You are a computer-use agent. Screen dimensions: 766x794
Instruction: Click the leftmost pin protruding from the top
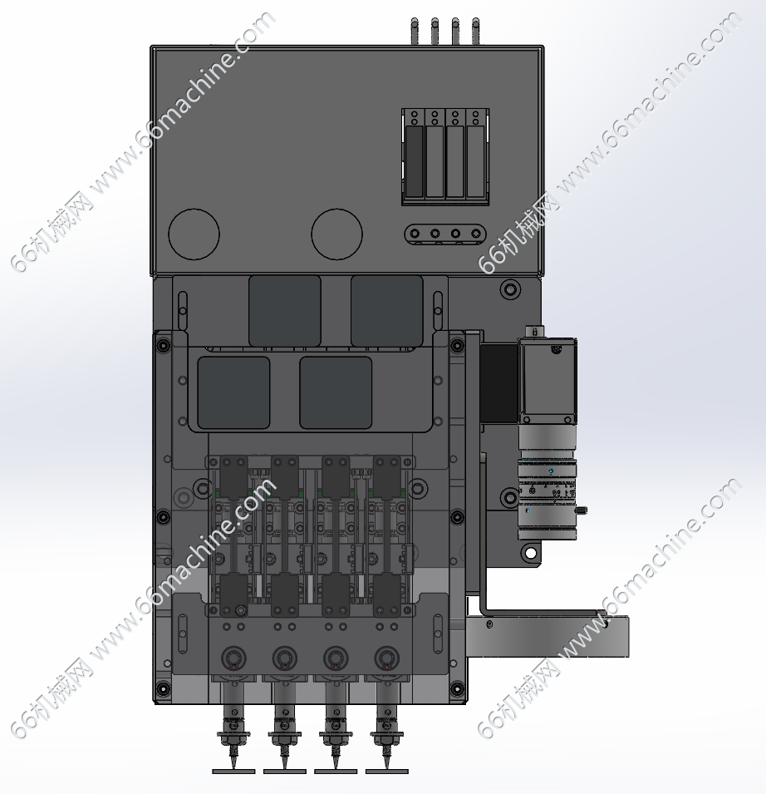tap(415, 32)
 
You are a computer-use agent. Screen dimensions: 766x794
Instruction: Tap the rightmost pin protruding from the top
tap(475, 32)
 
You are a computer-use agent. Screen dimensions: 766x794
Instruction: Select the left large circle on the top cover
tap(194, 234)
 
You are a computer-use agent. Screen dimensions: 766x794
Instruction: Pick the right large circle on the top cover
tap(337, 234)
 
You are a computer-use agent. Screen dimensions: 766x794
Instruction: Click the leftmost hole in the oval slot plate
tap(415, 234)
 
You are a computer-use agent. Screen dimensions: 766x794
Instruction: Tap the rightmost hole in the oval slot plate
tap(475, 234)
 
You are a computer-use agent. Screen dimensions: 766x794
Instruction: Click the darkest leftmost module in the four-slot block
tap(415, 161)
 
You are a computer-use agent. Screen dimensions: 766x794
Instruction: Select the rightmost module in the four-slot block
tap(475, 161)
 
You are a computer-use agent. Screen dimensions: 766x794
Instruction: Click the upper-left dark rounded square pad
tap(285, 311)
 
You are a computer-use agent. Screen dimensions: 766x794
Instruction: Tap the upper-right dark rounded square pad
tap(387, 311)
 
